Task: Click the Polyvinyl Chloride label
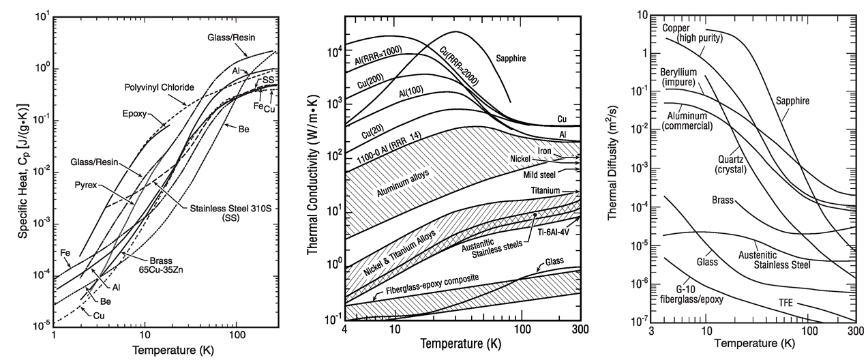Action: point(158,88)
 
